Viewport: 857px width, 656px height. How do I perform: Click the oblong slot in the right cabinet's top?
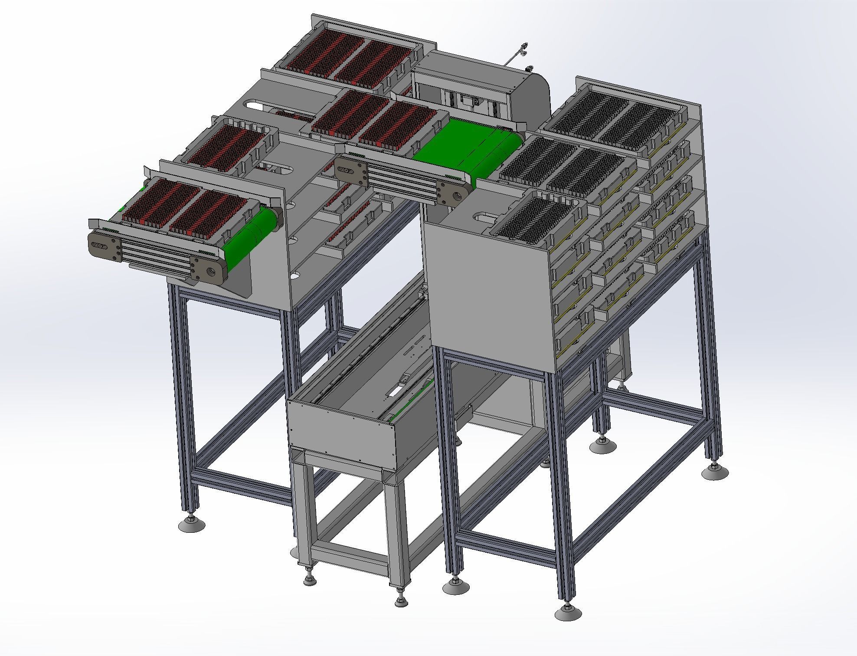486,215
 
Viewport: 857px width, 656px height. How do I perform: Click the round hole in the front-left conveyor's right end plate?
211,272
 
